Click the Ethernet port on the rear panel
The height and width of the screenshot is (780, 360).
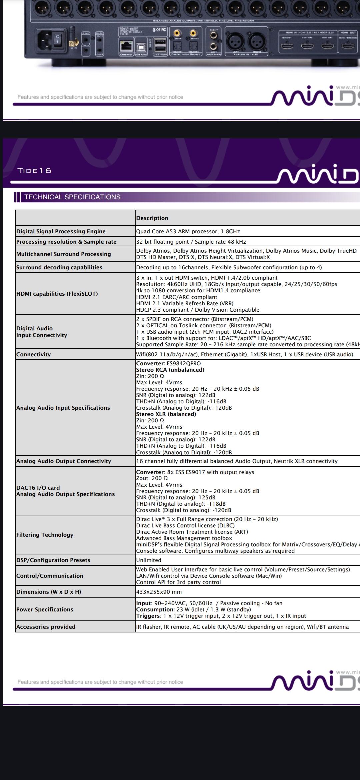[x=126, y=46]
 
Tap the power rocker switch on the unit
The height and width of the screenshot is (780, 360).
[x=57, y=39]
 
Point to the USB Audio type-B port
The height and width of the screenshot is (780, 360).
[x=139, y=46]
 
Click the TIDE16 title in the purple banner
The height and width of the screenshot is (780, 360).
[x=34, y=171]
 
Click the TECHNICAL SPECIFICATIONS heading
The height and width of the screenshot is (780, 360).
[x=72, y=197]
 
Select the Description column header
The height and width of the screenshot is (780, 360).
[x=152, y=218]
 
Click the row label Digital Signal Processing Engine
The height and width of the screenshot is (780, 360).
[x=61, y=231]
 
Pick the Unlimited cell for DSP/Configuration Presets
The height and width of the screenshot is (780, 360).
[x=149, y=560]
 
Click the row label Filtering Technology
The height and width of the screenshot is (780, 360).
[x=45, y=535]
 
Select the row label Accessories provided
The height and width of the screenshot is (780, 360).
[x=46, y=627]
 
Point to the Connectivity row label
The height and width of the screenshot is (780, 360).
[x=33, y=354]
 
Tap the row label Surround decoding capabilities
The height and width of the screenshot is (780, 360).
[x=59, y=267]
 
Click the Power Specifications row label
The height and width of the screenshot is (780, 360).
[x=45, y=609]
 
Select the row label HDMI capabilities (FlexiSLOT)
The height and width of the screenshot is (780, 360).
[x=57, y=294]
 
